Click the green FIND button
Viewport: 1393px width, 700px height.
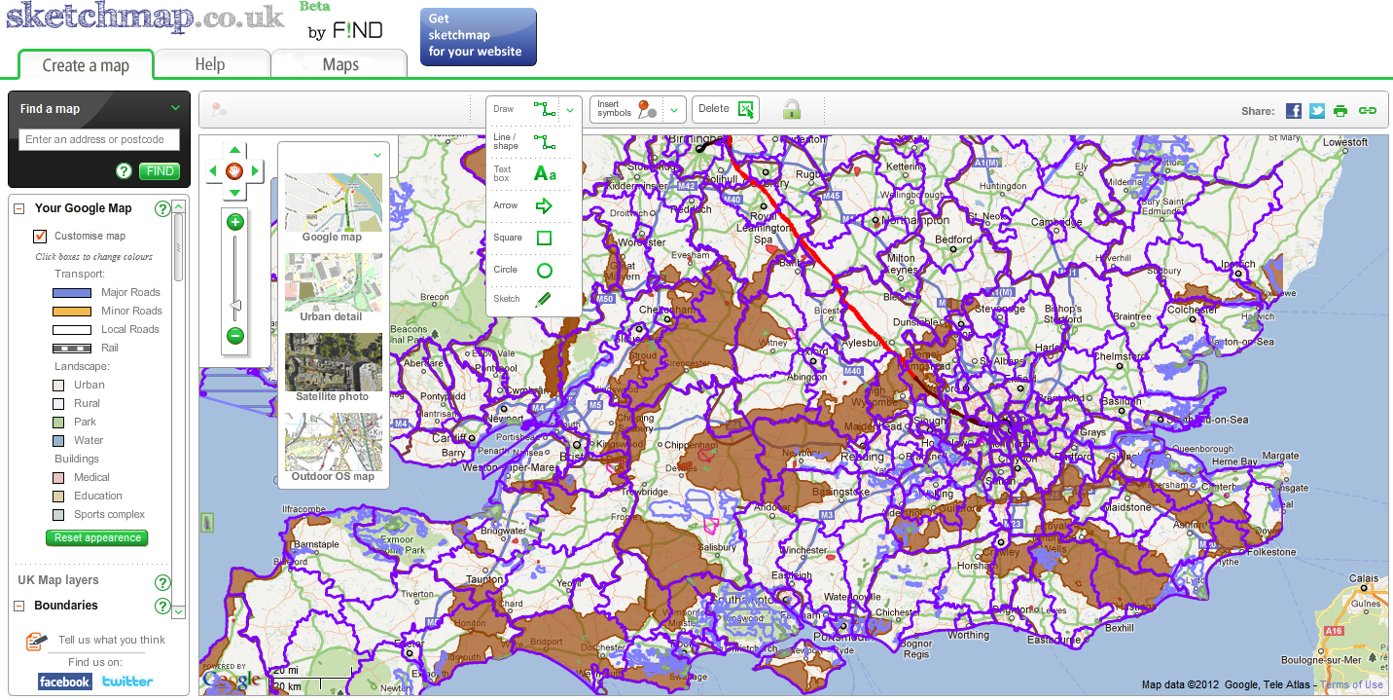160,171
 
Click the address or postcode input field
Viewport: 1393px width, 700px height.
99,139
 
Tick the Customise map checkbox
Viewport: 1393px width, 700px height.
40,236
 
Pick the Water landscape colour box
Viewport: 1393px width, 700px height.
58,440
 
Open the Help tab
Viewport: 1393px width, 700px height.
210,64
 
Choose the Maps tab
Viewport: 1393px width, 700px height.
340,64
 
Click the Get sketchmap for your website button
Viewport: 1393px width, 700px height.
478,36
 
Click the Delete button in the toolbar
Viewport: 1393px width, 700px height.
725,109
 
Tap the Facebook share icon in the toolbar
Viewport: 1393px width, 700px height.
1293,110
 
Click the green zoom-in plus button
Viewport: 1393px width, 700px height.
234,222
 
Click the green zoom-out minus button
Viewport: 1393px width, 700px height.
234,336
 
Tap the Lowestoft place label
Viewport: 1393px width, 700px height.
1344,142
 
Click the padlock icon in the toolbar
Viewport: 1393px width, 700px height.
792,109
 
